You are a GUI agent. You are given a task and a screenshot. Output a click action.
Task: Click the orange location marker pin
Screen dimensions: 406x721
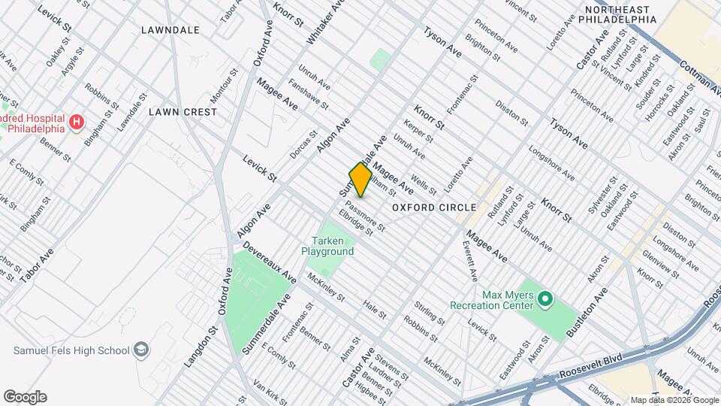(x=360, y=180)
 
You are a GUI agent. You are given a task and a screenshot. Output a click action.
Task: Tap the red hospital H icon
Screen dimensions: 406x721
(x=75, y=122)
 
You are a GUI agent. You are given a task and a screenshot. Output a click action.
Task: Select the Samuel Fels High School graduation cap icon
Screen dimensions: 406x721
(x=140, y=350)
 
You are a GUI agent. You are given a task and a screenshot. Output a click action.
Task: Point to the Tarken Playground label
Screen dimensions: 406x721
(x=327, y=246)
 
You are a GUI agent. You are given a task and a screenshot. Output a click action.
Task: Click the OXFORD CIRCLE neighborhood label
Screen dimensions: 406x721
(x=434, y=208)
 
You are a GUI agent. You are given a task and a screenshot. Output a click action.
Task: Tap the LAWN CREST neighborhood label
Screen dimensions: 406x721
(x=183, y=112)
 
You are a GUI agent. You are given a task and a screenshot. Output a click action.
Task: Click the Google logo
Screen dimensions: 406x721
(x=25, y=396)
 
